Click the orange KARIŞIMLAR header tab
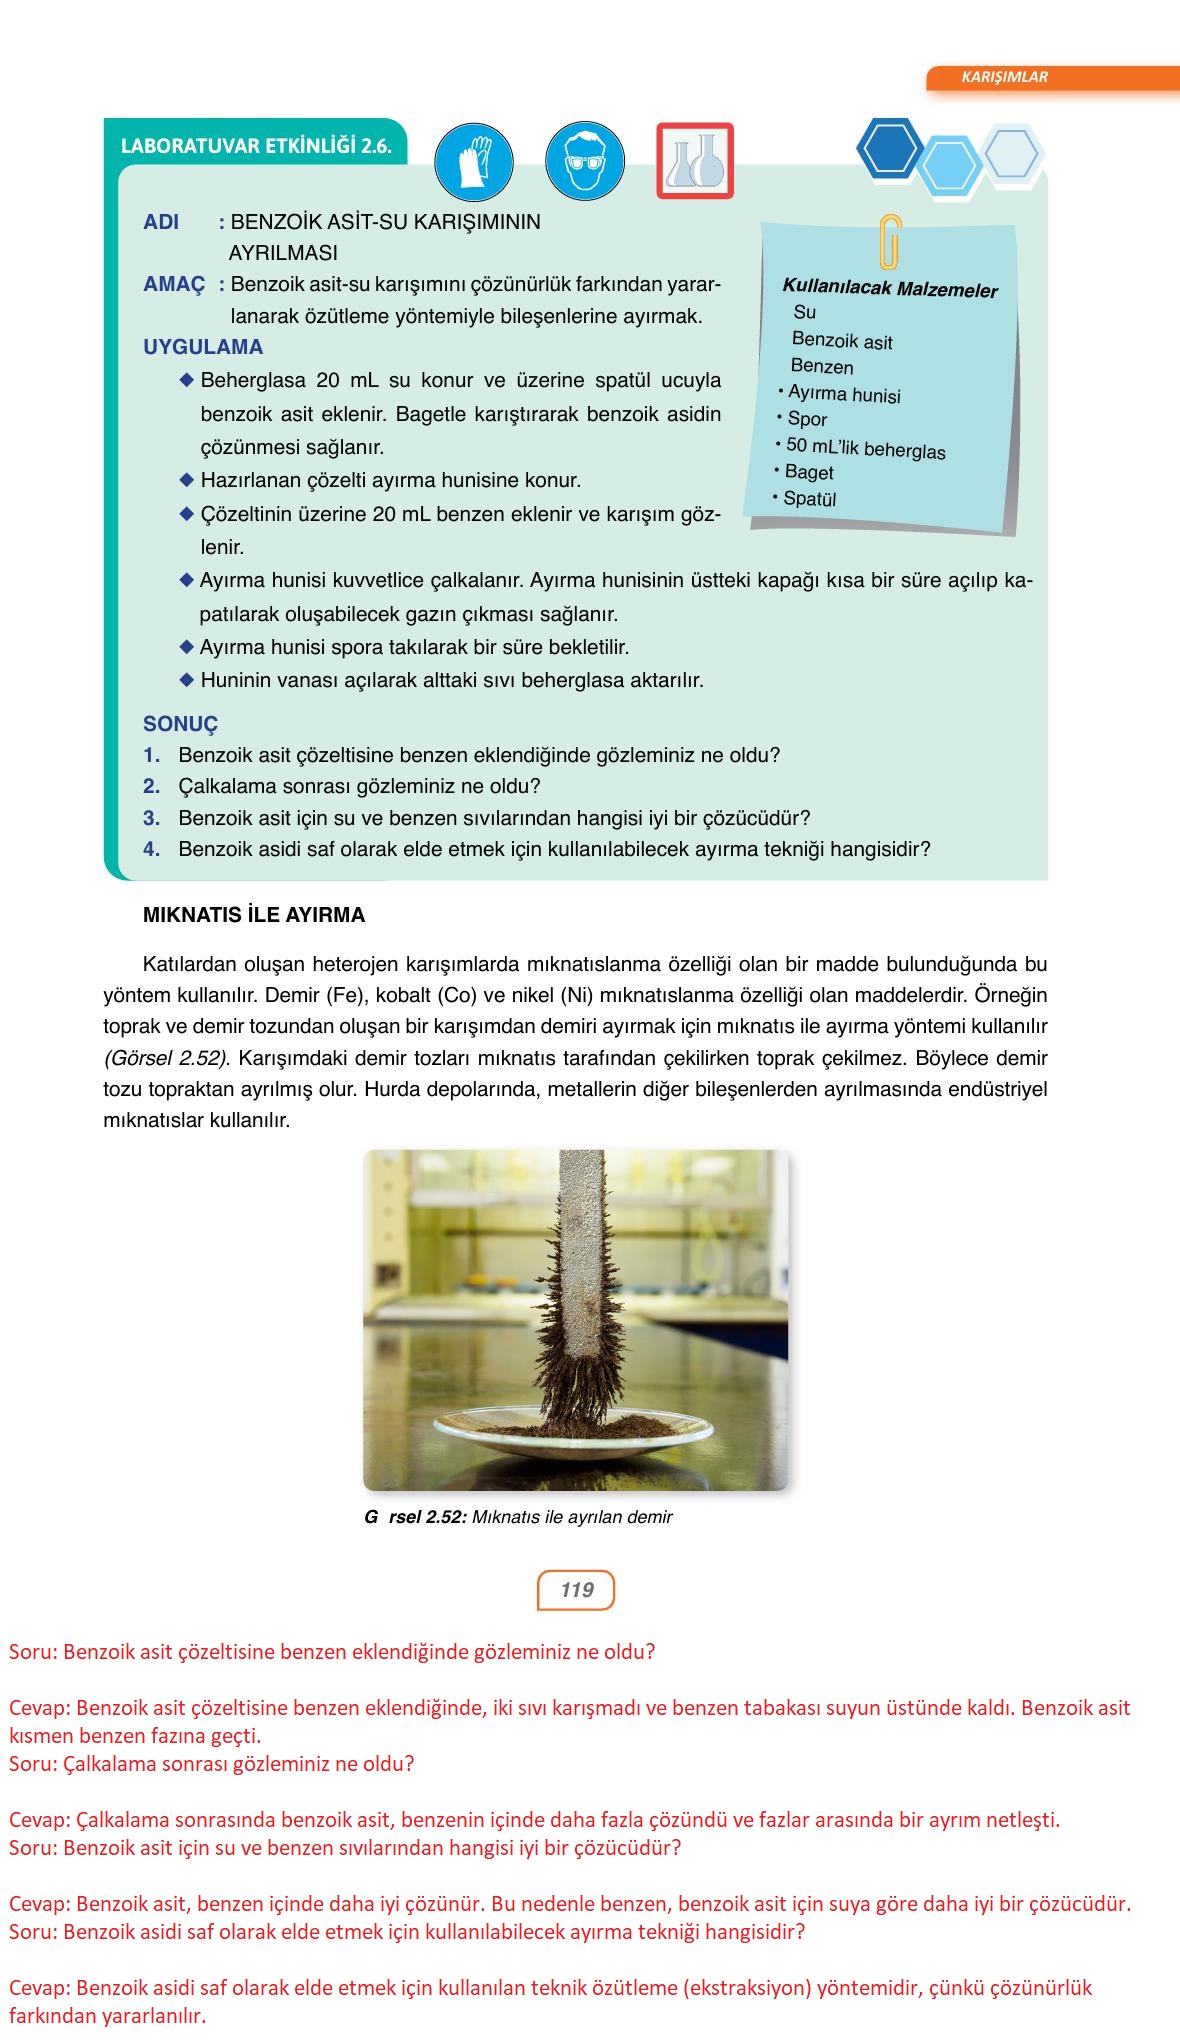(x=1004, y=77)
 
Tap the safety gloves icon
(x=474, y=161)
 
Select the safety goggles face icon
(x=584, y=161)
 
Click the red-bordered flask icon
(x=695, y=161)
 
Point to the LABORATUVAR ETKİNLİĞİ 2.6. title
(x=255, y=146)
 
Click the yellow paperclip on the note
(x=889, y=242)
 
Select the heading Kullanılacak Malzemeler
(x=890, y=290)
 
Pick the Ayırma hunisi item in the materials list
(x=843, y=394)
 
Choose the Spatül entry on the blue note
(x=809, y=498)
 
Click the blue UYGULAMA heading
(x=203, y=347)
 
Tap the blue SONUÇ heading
(x=180, y=724)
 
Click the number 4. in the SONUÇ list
(x=152, y=849)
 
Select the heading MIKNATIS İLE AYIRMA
(x=254, y=915)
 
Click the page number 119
(x=576, y=1590)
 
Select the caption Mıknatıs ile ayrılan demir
(x=571, y=1517)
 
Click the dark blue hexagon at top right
(x=889, y=148)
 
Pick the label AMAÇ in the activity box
(x=174, y=284)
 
